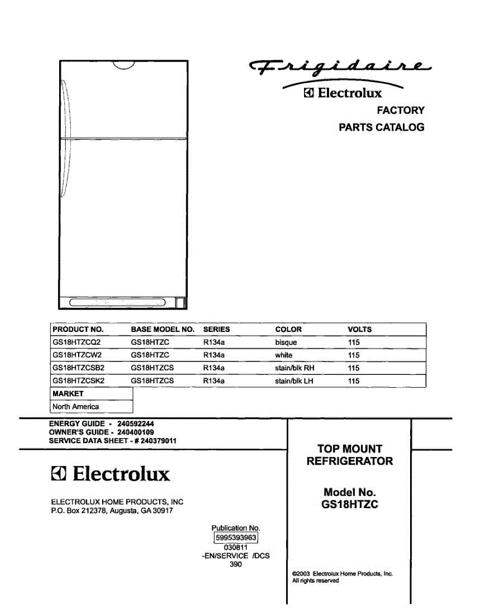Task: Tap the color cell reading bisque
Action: (x=286, y=342)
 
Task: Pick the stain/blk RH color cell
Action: (x=294, y=368)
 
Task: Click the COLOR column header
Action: (x=288, y=329)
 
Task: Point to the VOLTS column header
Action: (x=359, y=329)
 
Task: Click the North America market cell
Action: (x=75, y=406)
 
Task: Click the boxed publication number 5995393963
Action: (x=236, y=538)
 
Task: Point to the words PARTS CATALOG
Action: (x=381, y=127)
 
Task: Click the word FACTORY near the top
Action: (x=400, y=110)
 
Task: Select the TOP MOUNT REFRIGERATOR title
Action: (x=349, y=455)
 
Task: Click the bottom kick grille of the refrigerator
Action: (x=118, y=302)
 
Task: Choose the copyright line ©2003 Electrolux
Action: (x=342, y=573)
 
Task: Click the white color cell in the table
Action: (x=284, y=355)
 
